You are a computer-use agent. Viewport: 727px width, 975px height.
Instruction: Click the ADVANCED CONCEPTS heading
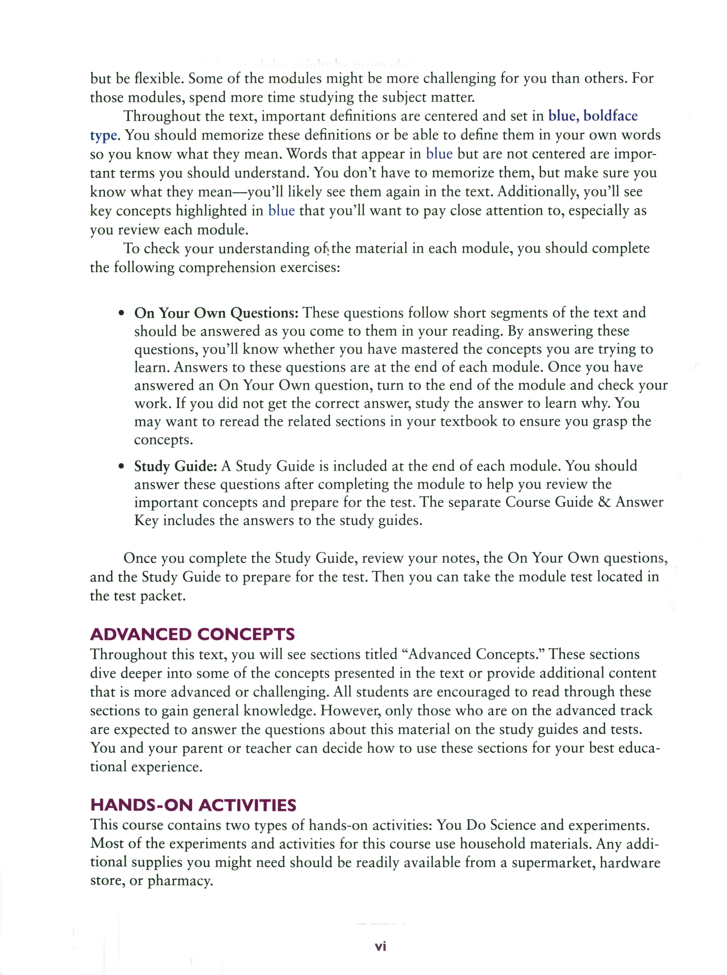coord(192,634)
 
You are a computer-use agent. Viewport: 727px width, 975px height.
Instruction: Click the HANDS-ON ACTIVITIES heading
coord(193,805)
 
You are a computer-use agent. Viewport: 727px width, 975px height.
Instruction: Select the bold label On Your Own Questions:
coord(216,313)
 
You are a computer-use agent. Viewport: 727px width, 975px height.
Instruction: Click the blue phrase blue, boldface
coord(592,116)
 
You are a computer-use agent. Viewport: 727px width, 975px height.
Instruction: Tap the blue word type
coord(104,135)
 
